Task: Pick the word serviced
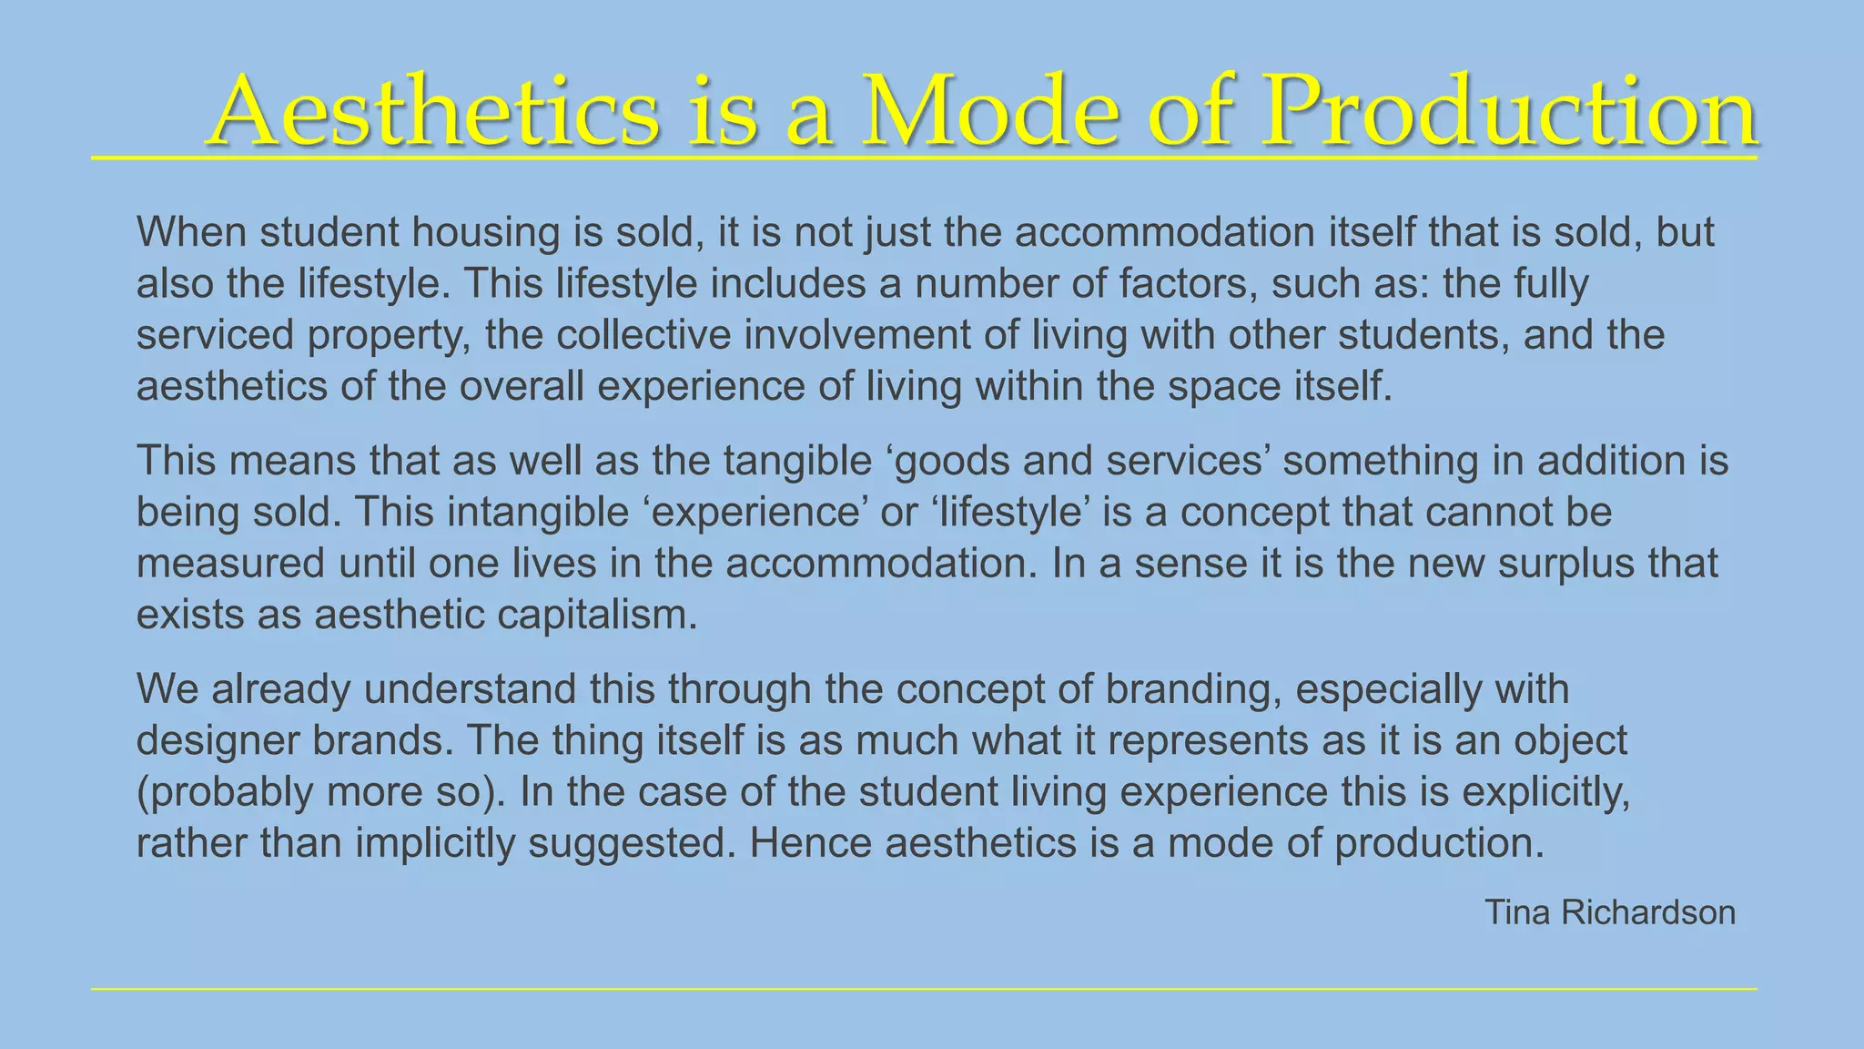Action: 215,335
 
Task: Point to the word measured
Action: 230,564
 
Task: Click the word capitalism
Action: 597,615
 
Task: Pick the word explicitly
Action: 1545,792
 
